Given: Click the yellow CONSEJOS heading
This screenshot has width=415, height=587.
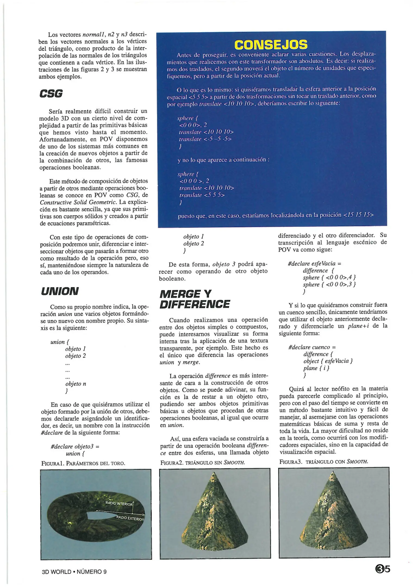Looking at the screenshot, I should point(271,45).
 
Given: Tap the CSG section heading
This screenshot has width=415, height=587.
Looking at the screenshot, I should point(51,94).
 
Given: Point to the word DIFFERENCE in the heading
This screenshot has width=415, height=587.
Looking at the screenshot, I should point(195,304).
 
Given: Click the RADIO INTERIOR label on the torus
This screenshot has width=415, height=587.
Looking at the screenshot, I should point(119,504).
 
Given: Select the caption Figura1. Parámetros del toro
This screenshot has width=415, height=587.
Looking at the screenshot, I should point(83,463).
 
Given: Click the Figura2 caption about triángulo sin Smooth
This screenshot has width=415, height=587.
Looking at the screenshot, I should point(202,463).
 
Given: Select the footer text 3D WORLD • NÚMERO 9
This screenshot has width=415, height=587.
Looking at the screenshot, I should point(74,572).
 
